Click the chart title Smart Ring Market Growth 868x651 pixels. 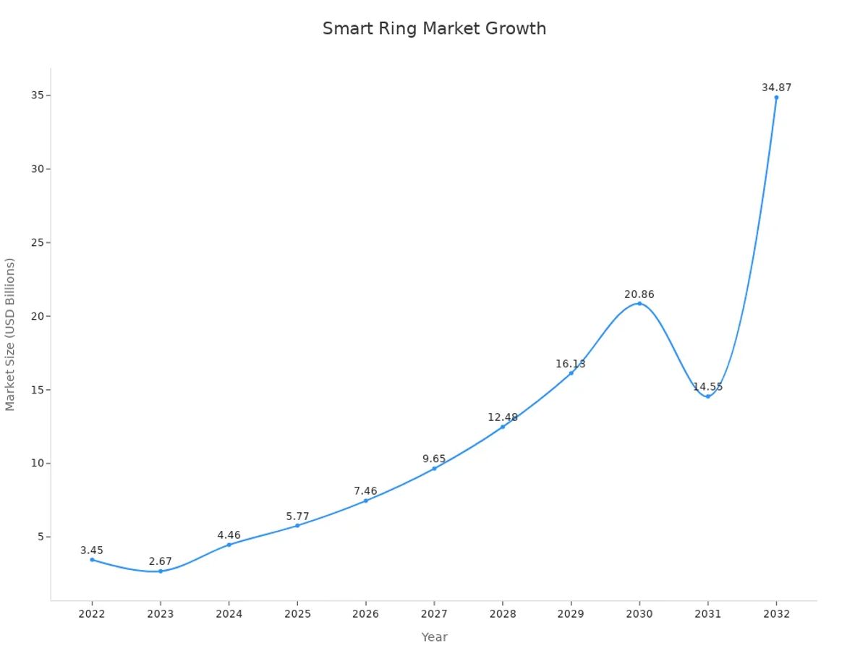[434, 29]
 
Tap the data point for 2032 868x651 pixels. [776, 97]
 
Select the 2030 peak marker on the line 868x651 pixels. [639, 303]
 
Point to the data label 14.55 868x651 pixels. [707, 387]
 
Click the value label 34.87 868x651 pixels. [776, 88]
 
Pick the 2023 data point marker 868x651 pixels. [161, 571]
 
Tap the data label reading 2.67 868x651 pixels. [161, 561]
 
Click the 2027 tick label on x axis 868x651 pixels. [434, 614]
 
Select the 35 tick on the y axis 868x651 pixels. [36, 95]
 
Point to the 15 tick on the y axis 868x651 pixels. [36, 390]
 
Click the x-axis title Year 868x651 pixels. [434, 637]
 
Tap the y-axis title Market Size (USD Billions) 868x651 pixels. [10, 334]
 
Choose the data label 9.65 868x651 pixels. [434, 459]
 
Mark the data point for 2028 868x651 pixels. [503, 427]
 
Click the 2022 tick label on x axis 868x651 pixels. [92, 614]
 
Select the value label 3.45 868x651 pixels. [92, 550]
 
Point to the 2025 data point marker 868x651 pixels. [297, 525]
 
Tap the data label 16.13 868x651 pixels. [571, 364]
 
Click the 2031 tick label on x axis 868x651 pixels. [707, 614]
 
